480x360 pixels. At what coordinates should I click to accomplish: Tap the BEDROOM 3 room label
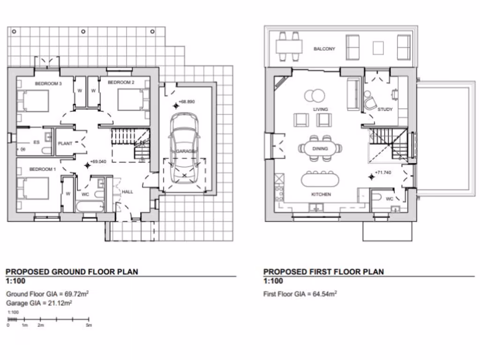49,83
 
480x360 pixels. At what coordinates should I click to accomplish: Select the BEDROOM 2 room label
121,82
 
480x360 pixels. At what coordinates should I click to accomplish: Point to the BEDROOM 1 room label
43,169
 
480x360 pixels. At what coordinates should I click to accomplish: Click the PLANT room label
65,144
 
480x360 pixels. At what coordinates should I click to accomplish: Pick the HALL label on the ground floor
127,192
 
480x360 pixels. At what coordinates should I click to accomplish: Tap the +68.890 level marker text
186,102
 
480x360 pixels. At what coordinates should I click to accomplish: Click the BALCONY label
324,49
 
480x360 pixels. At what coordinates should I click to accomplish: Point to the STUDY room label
385,110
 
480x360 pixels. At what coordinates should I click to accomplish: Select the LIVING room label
321,110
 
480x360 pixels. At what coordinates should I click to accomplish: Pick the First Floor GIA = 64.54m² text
300,294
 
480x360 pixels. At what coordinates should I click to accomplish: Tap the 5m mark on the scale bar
89,325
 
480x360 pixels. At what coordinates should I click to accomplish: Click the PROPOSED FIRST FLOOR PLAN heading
323,271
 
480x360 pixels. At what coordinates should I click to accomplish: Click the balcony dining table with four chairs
288,47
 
